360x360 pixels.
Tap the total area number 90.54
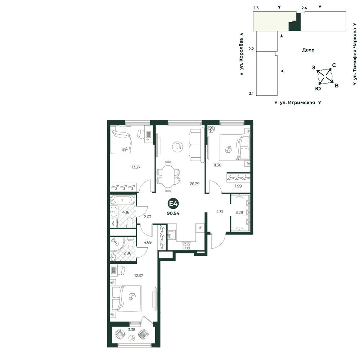(173, 213)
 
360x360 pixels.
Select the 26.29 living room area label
(194, 184)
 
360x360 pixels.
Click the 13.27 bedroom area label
(136, 167)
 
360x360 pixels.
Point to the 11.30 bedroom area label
(217, 165)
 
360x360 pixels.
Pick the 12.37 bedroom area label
(139, 275)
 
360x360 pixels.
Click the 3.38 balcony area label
(131, 330)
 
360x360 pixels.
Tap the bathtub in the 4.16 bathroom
(122, 200)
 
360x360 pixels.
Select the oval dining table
(168, 176)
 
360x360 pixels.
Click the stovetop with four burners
(186, 246)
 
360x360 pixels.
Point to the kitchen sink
(171, 235)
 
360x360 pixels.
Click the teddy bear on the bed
(125, 150)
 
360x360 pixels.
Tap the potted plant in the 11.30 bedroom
(211, 129)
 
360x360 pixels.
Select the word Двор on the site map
(308, 50)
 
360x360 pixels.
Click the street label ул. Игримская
(297, 103)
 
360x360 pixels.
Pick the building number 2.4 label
(304, 8)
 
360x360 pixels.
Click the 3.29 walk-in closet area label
(239, 213)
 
